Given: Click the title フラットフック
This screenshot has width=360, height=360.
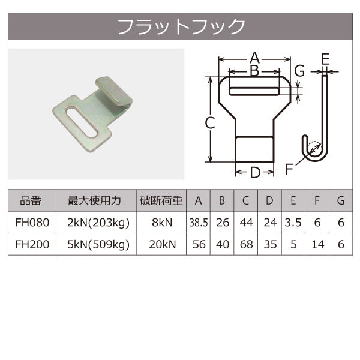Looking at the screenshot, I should tap(181, 26).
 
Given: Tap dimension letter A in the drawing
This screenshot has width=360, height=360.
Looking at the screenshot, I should tap(254, 58).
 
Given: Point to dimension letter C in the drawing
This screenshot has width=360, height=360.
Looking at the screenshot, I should tap(209, 124).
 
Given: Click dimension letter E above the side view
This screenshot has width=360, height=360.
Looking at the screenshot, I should tap(325, 59).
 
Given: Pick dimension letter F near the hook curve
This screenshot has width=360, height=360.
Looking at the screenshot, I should tap(290, 169).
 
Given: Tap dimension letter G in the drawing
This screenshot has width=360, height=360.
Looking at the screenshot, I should tap(299, 71).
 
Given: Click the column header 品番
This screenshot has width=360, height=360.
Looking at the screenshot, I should tap(31, 201).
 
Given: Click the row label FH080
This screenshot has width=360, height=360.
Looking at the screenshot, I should tap(31, 223).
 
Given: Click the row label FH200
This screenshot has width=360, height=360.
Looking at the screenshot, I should tap(31, 244).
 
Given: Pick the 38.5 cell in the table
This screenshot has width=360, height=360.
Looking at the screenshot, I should tap(198, 223).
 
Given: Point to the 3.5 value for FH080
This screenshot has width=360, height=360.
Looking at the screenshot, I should tap(293, 223).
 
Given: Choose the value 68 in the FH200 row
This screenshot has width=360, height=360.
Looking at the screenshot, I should tap(246, 244).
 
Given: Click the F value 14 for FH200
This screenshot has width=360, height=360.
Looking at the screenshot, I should tap(317, 244).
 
